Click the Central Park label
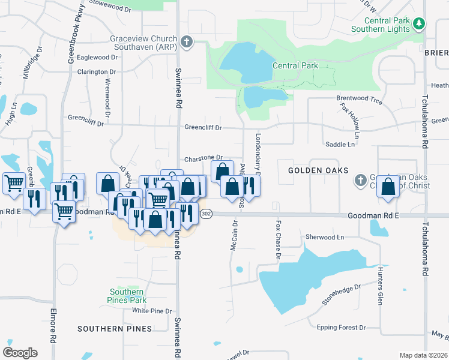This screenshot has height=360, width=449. click(x=295, y=65)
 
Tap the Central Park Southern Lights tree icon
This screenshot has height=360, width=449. click(x=419, y=24)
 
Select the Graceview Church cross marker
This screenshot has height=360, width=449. click(x=187, y=42)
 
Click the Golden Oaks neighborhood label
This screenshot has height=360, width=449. click(x=318, y=170)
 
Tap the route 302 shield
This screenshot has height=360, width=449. click(x=206, y=214)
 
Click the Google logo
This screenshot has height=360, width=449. click(x=20, y=352)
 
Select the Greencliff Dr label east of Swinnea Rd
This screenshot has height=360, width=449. click(x=203, y=128)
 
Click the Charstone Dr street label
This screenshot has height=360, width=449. click(x=203, y=158)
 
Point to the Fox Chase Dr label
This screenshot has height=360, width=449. click(x=278, y=239)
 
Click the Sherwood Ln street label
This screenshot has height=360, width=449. click(x=324, y=238)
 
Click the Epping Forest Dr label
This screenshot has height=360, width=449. click(x=341, y=328)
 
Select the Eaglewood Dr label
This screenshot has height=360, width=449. click(x=97, y=58)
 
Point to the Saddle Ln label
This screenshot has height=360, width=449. click(x=340, y=145)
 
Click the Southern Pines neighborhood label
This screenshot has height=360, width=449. click(x=110, y=329)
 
